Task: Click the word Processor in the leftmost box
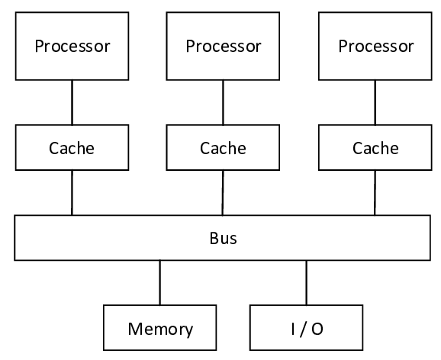[x=72, y=46]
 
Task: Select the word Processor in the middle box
[x=223, y=46]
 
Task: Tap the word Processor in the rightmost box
[x=375, y=46]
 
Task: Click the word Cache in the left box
[x=72, y=148]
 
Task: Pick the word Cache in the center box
[x=223, y=148]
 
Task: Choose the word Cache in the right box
[x=375, y=148]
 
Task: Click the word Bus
[x=223, y=238]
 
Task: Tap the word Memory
[x=160, y=329]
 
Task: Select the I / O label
[x=307, y=329]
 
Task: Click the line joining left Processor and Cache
[x=72, y=103]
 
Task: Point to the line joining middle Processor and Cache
[x=223, y=103]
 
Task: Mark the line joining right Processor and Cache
[x=375, y=103]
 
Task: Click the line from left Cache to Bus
[x=72, y=192]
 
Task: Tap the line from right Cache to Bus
[x=375, y=192]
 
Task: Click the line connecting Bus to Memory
[x=160, y=282]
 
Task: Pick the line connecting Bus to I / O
[x=307, y=282]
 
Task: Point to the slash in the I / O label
[x=307, y=329]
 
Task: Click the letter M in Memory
[x=135, y=329]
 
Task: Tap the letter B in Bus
[x=214, y=238]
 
